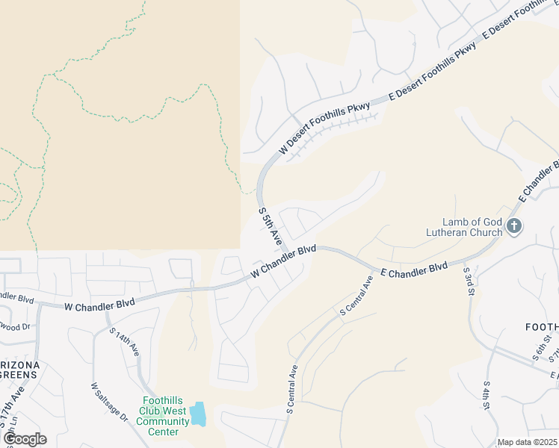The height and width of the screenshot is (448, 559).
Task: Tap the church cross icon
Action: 513,226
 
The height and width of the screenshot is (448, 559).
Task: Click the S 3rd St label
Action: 469,283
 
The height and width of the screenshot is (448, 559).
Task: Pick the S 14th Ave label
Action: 125,342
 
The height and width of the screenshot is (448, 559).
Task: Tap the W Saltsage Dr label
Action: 109,403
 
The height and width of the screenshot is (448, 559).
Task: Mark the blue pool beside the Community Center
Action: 197,413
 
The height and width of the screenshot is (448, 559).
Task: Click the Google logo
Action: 24,439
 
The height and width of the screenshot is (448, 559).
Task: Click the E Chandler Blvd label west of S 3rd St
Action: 413,270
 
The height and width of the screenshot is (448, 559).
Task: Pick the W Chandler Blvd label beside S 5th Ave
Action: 283,262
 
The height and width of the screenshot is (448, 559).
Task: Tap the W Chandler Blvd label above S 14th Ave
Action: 99,305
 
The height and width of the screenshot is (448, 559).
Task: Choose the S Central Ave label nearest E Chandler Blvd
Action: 356,297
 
